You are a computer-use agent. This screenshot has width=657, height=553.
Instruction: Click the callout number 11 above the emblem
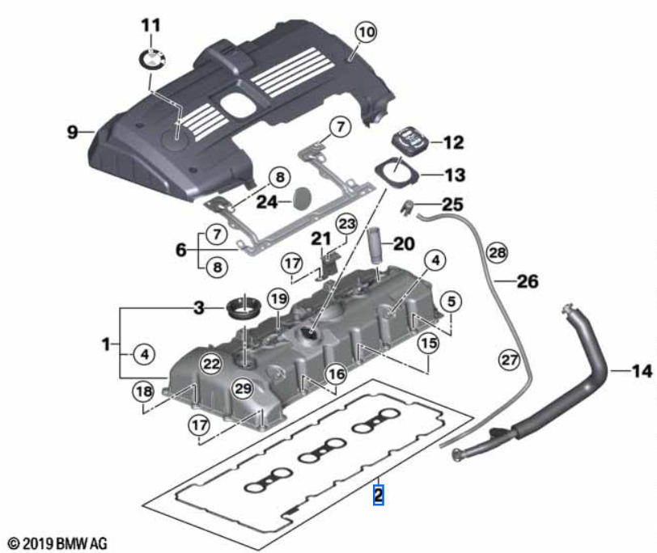[151, 25]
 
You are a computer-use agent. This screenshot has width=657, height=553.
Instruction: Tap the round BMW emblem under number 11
[151, 58]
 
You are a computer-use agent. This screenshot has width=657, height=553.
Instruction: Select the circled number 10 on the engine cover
[366, 33]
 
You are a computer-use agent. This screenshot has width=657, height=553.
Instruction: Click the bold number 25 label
[453, 205]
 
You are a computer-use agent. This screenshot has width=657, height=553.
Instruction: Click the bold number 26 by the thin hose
[527, 282]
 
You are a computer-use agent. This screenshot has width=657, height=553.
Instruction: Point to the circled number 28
[498, 254]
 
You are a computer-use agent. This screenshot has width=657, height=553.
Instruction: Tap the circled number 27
[508, 361]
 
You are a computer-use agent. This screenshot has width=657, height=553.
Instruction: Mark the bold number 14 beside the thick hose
[641, 372]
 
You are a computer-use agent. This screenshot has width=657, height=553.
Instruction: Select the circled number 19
[278, 300]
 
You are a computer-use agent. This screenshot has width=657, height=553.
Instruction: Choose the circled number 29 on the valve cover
[243, 390]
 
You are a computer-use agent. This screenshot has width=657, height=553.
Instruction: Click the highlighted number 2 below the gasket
[378, 493]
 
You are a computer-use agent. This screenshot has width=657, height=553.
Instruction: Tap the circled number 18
[143, 392]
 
